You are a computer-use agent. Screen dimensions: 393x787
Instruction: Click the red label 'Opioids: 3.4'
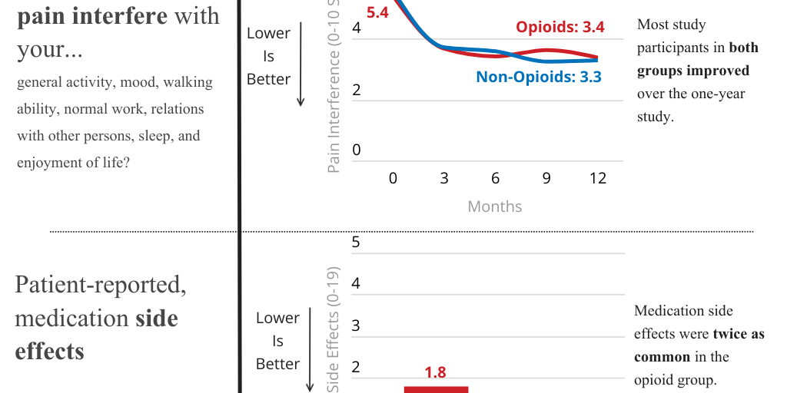coord(560,28)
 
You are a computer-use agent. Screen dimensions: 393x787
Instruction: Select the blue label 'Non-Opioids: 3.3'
coord(538,77)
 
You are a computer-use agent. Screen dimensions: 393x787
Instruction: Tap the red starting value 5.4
coord(377,12)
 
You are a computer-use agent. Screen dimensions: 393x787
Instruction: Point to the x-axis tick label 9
coord(546,178)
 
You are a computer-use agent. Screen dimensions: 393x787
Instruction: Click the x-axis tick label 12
coord(597,178)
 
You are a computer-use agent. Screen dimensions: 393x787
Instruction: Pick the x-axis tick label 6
coord(495,178)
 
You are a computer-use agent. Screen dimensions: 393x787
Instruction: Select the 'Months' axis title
coord(494,206)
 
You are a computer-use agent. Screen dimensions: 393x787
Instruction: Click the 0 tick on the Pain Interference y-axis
coord(356,150)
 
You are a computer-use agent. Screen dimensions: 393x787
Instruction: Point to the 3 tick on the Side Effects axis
coord(356,325)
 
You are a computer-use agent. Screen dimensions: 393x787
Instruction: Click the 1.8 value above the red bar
coord(435,372)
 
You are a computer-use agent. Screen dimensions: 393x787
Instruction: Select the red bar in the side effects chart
coord(436,389)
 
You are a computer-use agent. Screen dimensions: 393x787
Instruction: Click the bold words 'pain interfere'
coord(91,15)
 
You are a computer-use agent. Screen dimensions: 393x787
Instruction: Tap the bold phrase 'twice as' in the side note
coord(738,334)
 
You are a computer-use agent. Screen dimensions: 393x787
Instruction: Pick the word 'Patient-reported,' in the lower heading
coord(100,285)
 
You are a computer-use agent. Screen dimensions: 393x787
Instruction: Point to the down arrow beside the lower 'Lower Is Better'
coord(310,349)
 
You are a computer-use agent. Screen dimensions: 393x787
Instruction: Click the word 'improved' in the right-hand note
coord(719,71)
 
